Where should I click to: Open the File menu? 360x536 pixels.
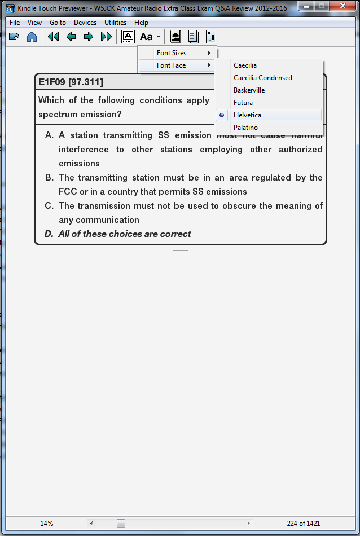click(x=15, y=23)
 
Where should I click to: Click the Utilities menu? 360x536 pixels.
click(x=115, y=23)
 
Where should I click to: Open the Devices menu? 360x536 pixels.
click(x=85, y=23)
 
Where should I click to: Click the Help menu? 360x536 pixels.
click(x=141, y=23)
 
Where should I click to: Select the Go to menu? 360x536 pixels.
click(x=58, y=23)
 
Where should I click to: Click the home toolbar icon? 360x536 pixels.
click(x=32, y=37)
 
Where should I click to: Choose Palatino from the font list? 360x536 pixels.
click(x=245, y=128)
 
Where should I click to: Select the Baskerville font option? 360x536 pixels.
click(x=249, y=90)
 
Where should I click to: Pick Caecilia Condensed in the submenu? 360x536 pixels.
click(x=263, y=78)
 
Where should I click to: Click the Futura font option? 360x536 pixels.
click(x=243, y=103)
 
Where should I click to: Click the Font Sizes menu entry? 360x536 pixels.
click(x=172, y=53)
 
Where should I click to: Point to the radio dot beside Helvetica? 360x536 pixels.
click(x=222, y=115)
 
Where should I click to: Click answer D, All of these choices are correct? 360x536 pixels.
click(x=124, y=234)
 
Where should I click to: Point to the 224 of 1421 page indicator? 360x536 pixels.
click(x=304, y=523)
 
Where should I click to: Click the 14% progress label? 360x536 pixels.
click(x=47, y=523)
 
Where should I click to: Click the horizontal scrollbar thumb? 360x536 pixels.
click(x=121, y=523)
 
